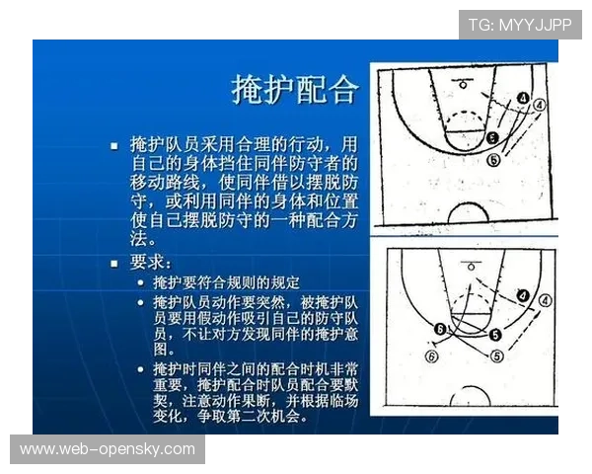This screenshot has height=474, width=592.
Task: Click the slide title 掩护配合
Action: [294, 90]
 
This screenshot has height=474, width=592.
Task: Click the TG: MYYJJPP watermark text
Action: [520, 24]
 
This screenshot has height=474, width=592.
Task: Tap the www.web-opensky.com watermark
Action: [108, 449]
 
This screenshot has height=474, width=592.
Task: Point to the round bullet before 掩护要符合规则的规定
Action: [141, 283]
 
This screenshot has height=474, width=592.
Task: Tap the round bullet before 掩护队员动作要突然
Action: [141, 301]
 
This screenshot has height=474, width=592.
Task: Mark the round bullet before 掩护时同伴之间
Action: [141, 368]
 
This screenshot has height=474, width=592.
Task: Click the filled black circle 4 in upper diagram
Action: [523, 99]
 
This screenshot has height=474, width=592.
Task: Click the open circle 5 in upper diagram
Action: [493, 159]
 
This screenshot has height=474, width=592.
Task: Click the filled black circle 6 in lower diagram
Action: [440, 328]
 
